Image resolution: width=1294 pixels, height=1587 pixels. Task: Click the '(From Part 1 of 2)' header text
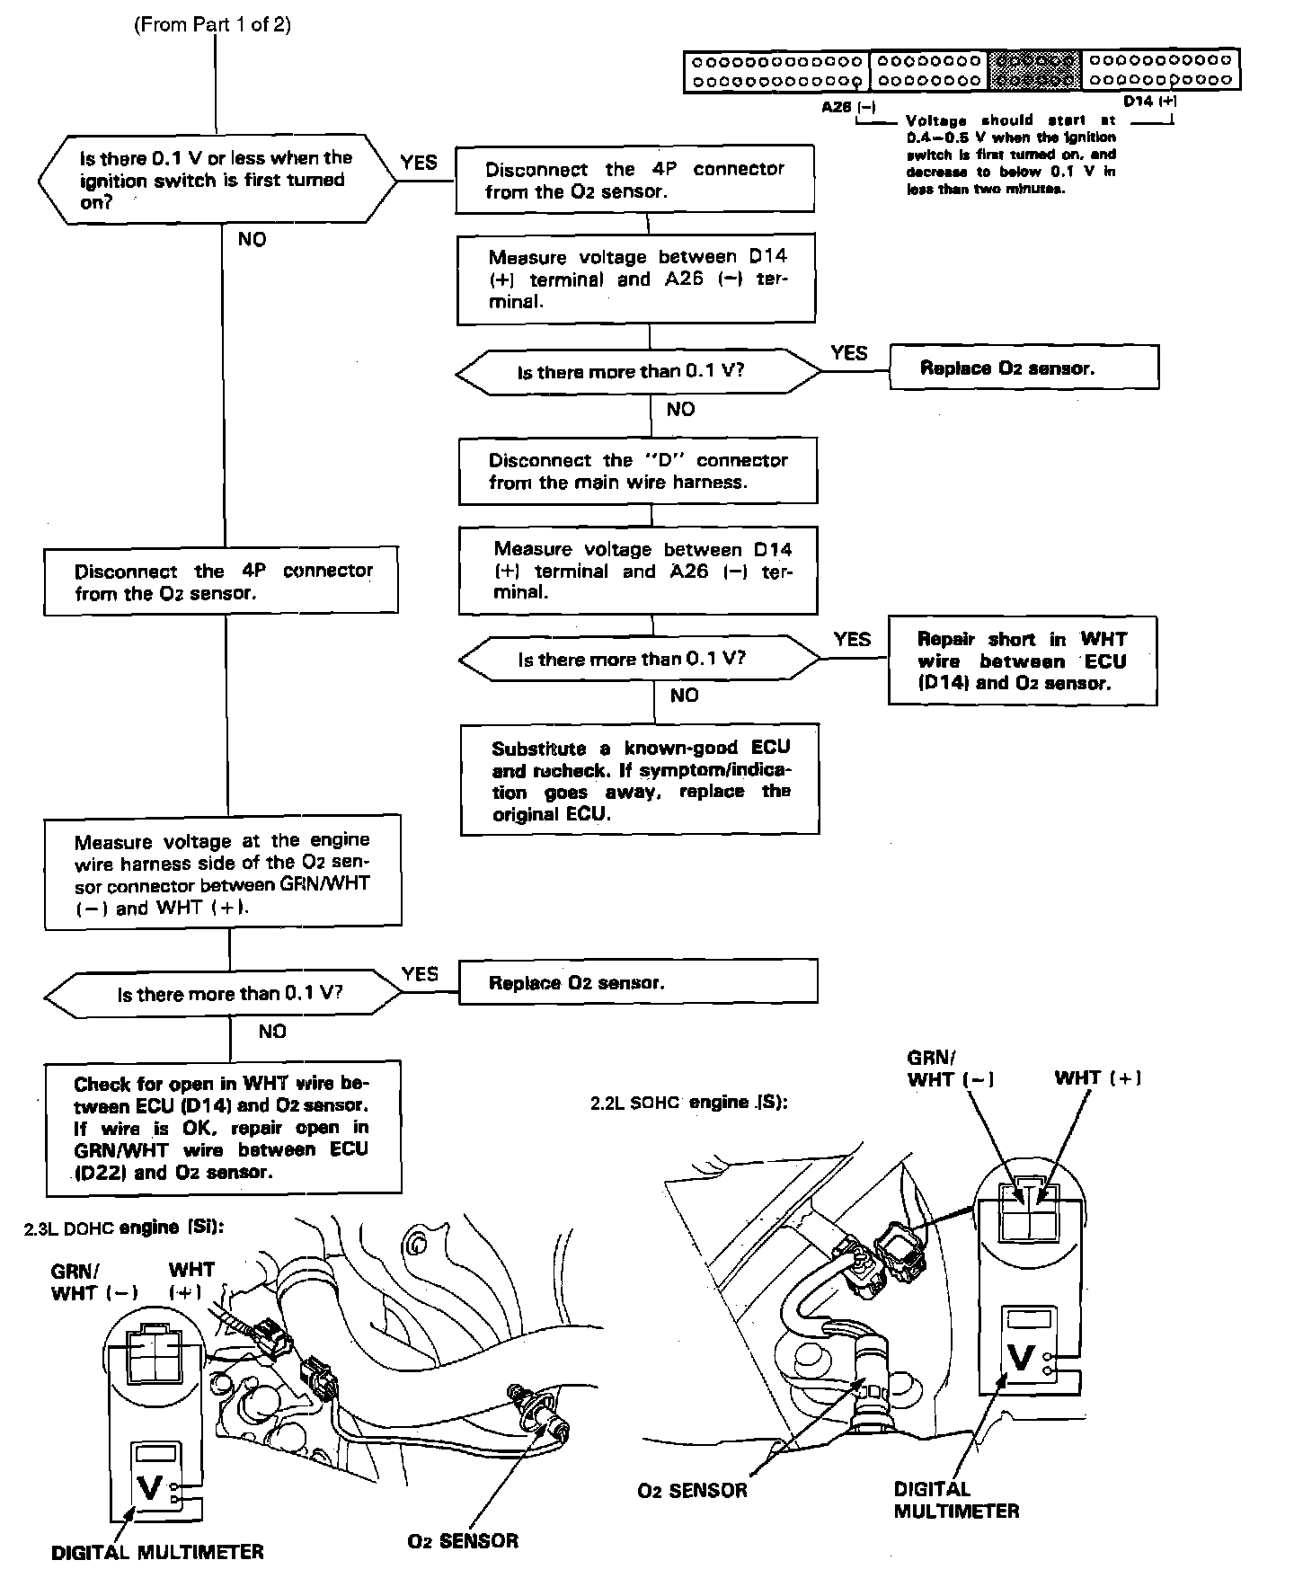coord(212,24)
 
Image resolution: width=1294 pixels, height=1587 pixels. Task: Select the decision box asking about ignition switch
coord(216,179)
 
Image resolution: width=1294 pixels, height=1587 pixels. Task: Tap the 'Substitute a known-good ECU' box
coord(640,780)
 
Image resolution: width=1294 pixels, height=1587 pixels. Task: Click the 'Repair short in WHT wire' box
coord(1022,661)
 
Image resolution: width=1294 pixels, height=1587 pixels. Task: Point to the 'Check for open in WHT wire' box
coord(222,1127)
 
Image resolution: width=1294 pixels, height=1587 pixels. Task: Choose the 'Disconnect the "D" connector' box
coord(638,471)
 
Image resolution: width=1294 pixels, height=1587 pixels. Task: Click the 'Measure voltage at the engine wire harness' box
coord(222,873)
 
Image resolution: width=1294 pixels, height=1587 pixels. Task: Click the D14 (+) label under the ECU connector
coord(1149,102)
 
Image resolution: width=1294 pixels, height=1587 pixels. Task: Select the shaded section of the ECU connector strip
coord(1033,70)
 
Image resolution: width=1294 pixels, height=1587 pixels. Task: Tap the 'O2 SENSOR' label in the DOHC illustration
coord(463,1540)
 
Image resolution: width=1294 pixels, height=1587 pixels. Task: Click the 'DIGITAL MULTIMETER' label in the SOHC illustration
coord(956,1500)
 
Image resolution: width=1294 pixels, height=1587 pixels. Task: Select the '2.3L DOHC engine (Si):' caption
coord(123,1228)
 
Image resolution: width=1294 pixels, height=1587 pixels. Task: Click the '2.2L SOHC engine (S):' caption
coord(689,1103)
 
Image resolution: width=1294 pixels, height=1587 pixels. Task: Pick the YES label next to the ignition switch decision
coord(419,163)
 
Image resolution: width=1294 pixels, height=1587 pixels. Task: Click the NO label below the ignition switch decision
coord(252,239)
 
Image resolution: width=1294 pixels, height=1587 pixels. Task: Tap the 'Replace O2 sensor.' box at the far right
coord(1024,368)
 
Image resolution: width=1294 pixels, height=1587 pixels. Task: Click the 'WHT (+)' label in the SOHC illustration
coord(1097,1077)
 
